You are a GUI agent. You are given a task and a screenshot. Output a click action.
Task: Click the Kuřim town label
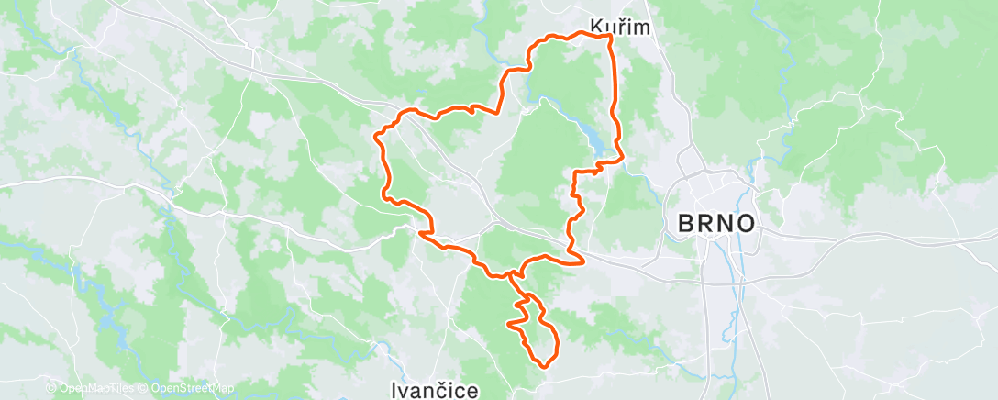click(x=620, y=27)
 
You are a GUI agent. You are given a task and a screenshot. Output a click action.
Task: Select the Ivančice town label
click(x=434, y=391)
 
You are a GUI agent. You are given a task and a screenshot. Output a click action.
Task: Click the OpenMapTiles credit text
click(x=92, y=389)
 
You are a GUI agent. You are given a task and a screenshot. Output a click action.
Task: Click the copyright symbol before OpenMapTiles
click(x=51, y=389)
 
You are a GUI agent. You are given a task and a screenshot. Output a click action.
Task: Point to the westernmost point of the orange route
click(x=374, y=137)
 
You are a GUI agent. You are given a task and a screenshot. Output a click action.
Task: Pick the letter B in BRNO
click(x=685, y=223)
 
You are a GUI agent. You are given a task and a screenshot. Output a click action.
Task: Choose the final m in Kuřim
click(x=641, y=27)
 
